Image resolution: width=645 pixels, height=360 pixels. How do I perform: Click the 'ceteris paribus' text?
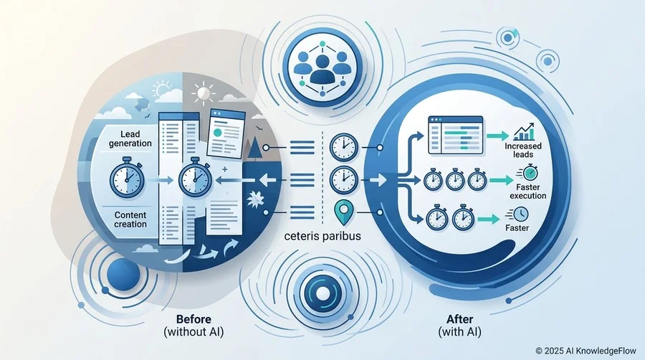coord(322,236)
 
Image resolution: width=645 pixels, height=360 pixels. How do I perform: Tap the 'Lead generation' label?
coord(130,138)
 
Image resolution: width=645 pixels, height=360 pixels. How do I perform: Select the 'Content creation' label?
coord(130,219)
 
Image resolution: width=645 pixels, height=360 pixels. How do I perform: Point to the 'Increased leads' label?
coord(523,150)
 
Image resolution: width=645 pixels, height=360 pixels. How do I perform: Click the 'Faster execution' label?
coord(527,191)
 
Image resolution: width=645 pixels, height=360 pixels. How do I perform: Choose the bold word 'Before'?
coord(193,319)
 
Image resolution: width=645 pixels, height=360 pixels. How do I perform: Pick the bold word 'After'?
coord(459,319)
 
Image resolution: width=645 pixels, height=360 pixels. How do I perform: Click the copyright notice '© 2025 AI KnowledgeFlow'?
coord(586,351)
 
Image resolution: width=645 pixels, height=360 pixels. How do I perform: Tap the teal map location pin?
coord(344,212)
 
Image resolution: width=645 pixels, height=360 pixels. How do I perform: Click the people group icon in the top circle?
coord(322,68)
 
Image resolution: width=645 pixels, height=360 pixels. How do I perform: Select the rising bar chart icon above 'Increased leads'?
coord(524,132)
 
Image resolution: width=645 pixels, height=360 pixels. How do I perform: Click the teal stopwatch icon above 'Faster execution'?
coord(530,172)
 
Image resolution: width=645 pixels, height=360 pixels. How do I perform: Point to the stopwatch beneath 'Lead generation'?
coord(127,176)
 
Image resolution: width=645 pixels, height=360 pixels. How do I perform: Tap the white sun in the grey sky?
coord(204,93)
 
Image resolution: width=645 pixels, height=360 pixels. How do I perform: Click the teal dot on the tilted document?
coord(217,133)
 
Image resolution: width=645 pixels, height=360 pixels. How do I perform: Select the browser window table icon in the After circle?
coord(455,135)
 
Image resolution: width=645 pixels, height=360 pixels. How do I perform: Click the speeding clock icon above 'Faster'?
coord(518,214)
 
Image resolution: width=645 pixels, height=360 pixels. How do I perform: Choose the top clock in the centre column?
coord(344,147)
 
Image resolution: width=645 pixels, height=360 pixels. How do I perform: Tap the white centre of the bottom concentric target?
coord(323,294)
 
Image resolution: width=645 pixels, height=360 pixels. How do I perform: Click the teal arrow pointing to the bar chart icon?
coord(498,136)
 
